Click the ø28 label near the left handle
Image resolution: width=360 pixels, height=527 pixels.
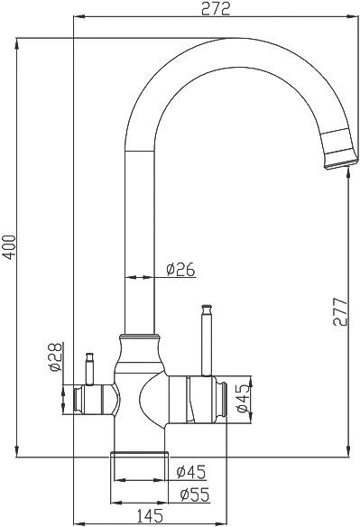[x=53, y=359]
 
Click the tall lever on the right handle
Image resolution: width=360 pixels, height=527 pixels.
[x=206, y=338]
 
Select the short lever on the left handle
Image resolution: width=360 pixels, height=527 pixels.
[x=89, y=367]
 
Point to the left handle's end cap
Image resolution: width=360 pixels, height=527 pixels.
[x=80, y=397]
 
